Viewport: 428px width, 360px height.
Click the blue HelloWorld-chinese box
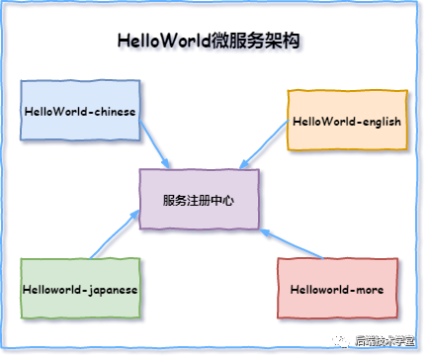click(x=79, y=111)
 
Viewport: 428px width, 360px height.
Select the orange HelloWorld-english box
click(x=346, y=121)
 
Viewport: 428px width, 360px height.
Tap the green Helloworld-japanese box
click(x=79, y=289)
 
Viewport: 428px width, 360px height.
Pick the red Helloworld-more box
click(x=337, y=289)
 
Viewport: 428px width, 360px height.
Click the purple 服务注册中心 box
click(x=200, y=200)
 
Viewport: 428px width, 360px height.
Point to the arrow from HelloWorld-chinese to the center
click(x=156, y=143)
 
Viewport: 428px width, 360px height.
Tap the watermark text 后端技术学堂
click(x=385, y=341)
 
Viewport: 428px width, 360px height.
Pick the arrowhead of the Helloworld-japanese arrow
click(x=136, y=215)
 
